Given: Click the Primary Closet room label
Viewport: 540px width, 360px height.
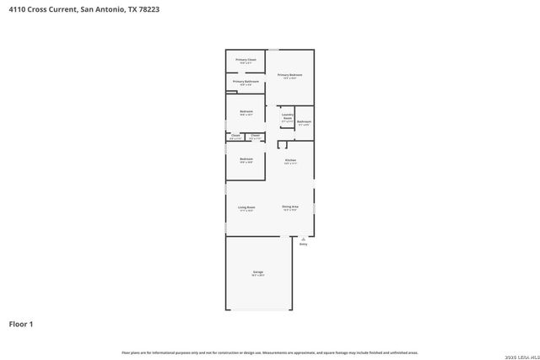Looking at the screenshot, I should click(x=246, y=60).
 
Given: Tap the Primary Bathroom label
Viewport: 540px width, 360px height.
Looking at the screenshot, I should click(x=246, y=82).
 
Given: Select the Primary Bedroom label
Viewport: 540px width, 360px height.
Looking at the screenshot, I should click(x=289, y=75).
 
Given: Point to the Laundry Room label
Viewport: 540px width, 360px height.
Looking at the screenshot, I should click(x=287, y=117).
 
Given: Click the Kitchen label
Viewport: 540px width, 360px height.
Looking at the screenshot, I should click(x=290, y=159).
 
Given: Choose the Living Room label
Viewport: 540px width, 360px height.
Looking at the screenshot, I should click(x=246, y=207).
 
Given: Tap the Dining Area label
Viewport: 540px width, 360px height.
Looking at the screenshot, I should click(x=290, y=207).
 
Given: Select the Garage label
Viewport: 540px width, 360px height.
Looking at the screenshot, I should click(x=258, y=272).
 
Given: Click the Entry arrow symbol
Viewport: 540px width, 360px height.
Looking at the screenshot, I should click(x=303, y=239).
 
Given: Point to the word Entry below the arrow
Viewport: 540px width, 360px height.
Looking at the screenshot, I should click(x=303, y=244).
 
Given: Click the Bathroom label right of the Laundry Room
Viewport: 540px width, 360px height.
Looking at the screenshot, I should click(x=304, y=122).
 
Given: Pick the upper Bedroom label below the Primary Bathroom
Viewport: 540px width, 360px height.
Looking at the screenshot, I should click(x=246, y=112).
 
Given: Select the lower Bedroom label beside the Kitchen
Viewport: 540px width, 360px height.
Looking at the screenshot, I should click(x=246, y=159).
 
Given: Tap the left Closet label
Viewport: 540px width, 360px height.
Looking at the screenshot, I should click(x=235, y=136).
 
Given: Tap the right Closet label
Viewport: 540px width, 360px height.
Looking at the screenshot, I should click(x=256, y=136).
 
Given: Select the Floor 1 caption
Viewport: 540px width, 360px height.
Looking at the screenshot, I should click(x=22, y=323).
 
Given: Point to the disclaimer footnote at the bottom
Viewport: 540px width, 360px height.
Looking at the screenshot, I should click(x=270, y=352).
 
